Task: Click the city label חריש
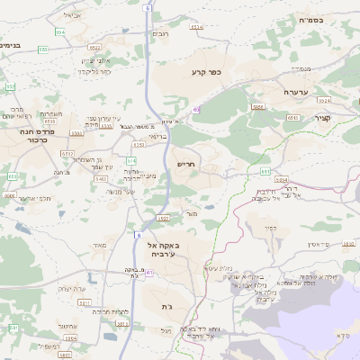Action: [x=185, y=165]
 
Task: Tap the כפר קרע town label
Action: [x=205, y=71]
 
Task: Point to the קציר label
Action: [x=323, y=119]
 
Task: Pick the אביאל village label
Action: [x=72, y=14]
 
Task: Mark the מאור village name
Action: [x=99, y=244]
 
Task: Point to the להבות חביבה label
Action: [x=112, y=311]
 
